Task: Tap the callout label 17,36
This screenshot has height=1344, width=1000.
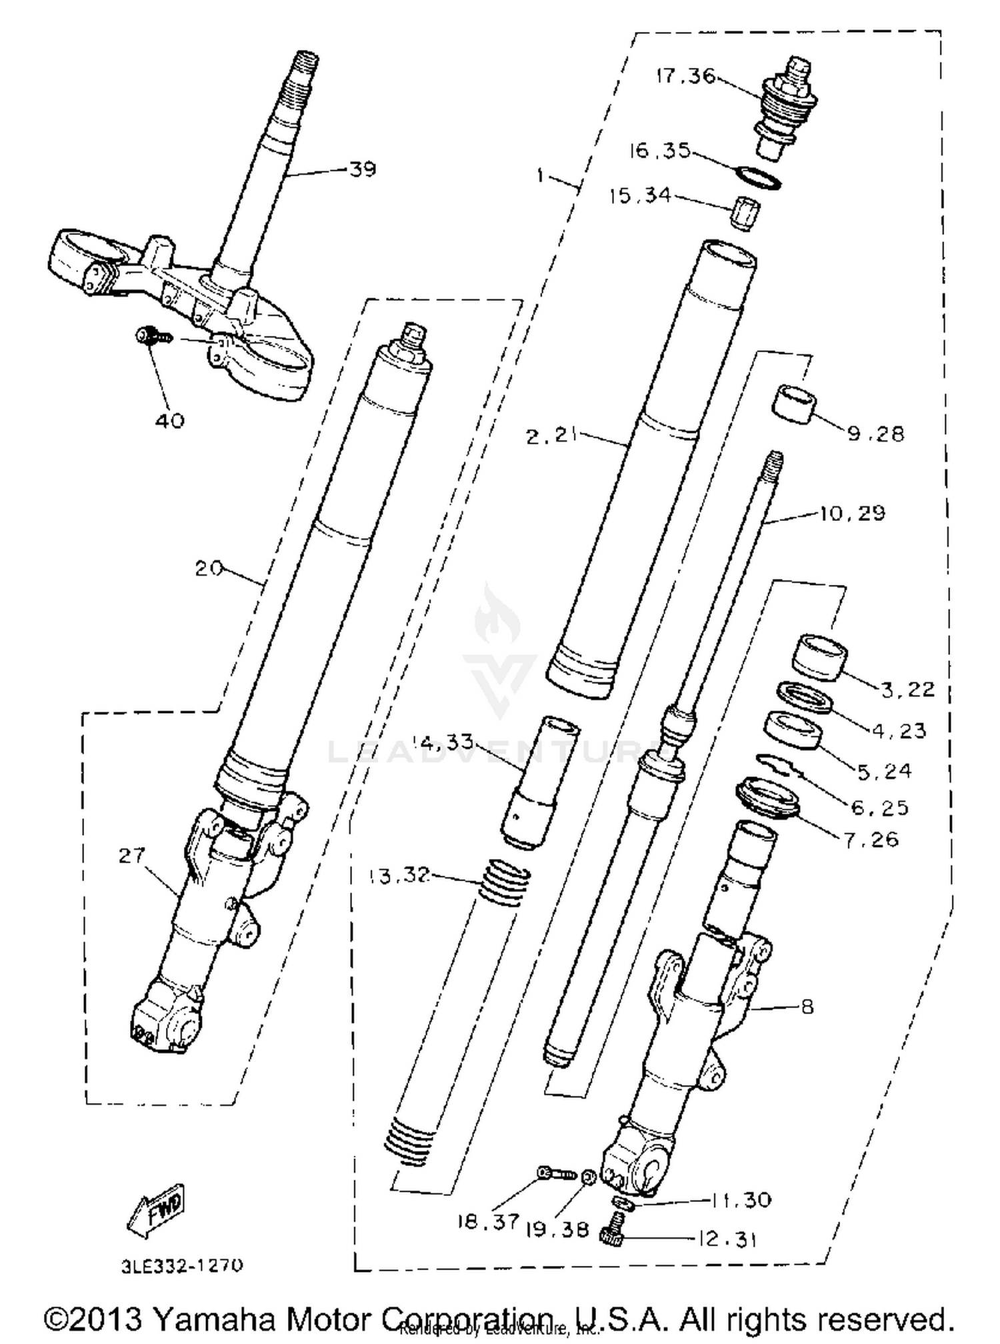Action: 685,76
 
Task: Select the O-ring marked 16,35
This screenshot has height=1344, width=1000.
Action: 759,178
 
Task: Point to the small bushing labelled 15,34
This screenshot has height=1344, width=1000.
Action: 744,213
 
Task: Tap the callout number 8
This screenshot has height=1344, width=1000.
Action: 807,1006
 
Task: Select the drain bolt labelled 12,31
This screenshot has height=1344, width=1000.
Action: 612,1236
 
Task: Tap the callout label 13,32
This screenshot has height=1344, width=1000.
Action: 399,874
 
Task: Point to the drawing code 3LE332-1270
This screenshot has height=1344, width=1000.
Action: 182,1265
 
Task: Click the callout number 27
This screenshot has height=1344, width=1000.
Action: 131,854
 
